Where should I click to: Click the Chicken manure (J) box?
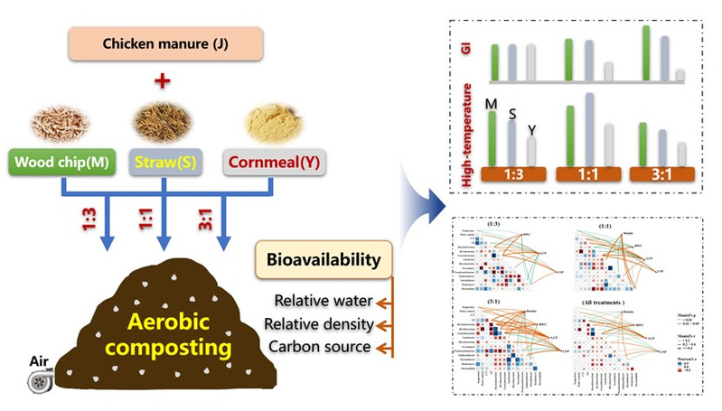click(164, 42)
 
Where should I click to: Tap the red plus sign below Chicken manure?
click(164, 82)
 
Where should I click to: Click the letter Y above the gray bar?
click(532, 130)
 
